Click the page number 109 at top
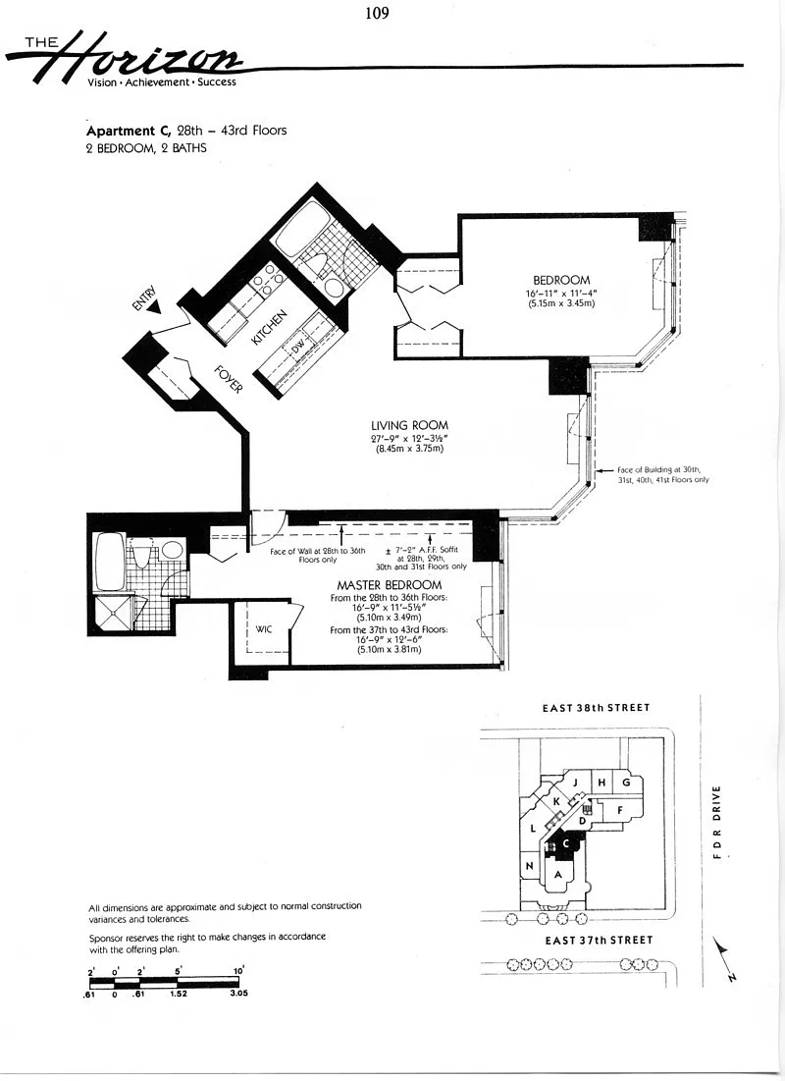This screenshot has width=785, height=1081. click(377, 13)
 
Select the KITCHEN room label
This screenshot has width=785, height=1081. click(269, 328)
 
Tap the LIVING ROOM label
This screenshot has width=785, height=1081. click(409, 425)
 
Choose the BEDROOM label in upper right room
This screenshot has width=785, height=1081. click(561, 280)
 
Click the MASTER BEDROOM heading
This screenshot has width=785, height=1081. click(390, 585)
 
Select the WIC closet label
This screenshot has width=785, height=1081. click(264, 628)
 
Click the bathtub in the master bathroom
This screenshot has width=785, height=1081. click(110, 563)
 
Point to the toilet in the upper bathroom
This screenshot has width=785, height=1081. click(319, 265)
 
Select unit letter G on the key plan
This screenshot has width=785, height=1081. click(626, 783)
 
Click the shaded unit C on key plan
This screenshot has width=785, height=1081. click(566, 843)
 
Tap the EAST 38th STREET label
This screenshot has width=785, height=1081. click(597, 707)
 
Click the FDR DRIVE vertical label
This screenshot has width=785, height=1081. click(716, 822)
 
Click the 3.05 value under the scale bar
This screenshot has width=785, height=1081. click(238, 994)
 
